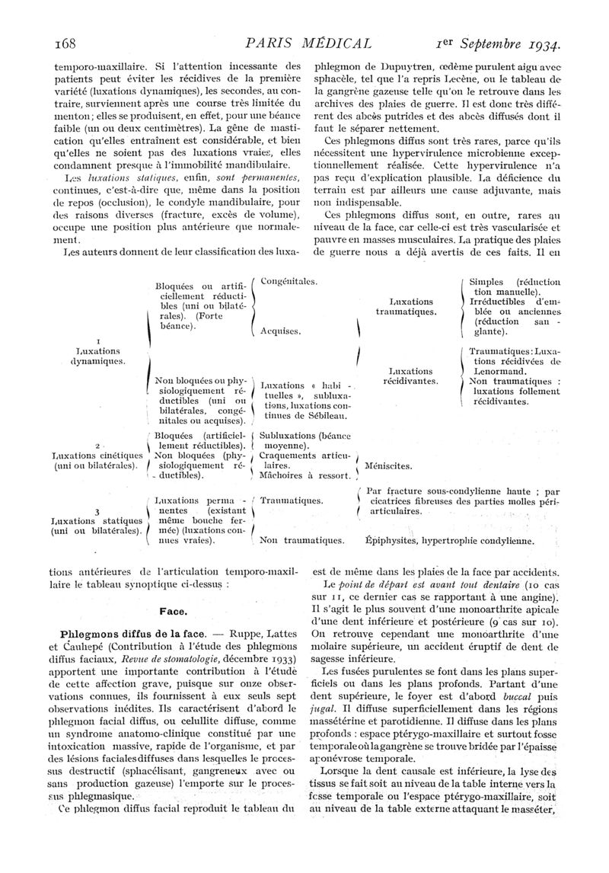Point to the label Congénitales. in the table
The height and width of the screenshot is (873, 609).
289,281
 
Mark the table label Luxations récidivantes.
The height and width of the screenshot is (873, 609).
411,373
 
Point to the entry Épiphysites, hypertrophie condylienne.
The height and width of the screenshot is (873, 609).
449,541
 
